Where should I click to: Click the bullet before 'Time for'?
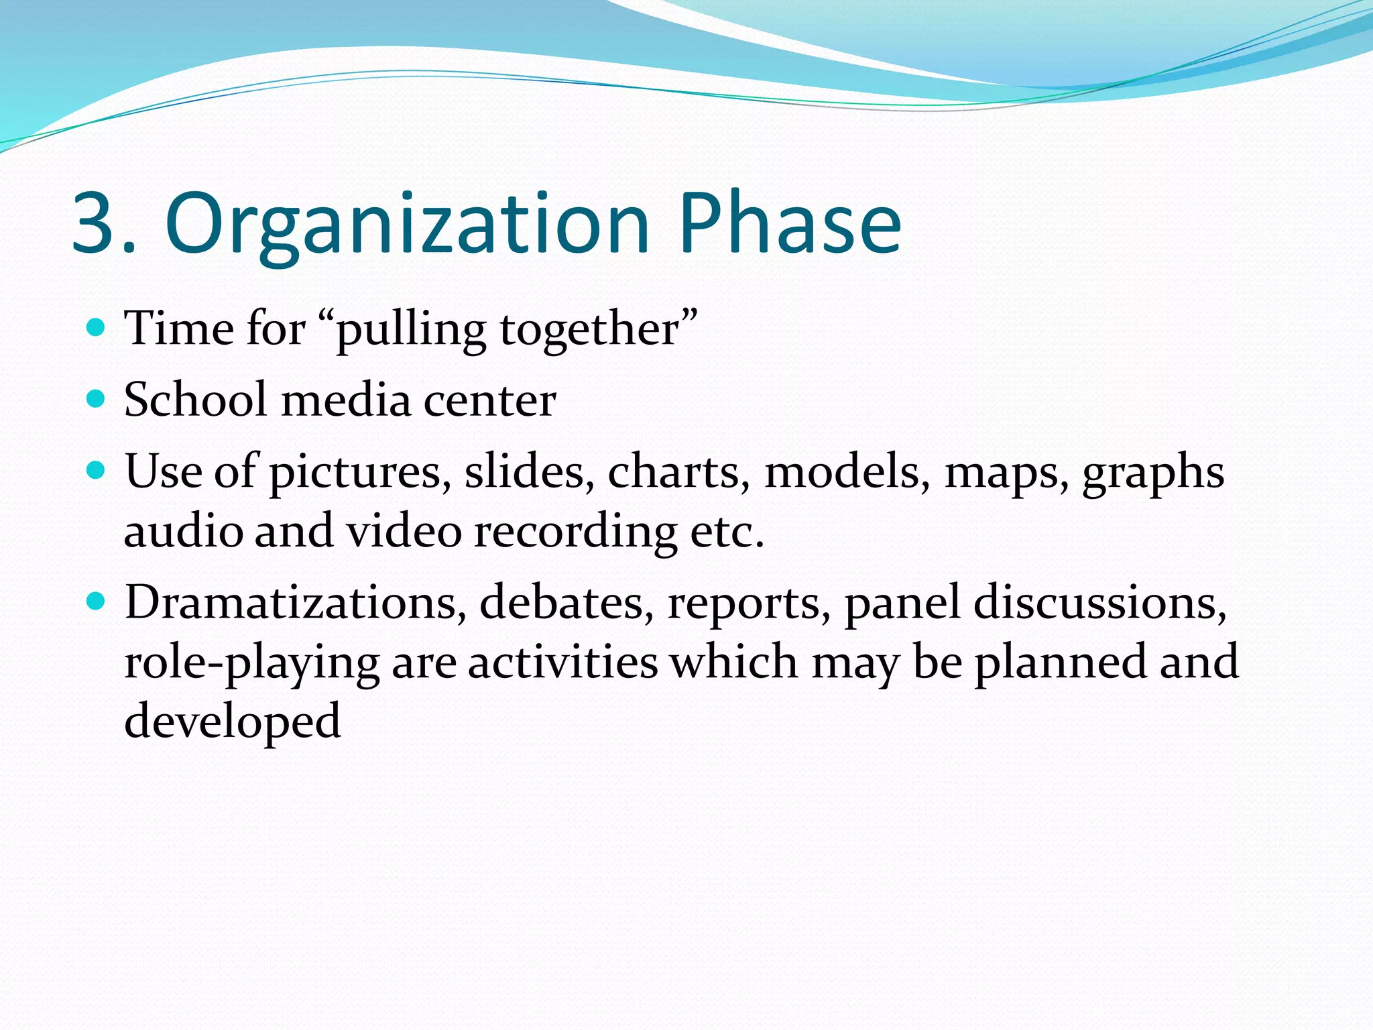(97, 327)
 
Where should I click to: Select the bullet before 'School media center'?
(97, 399)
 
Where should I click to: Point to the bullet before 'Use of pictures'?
(97, 470)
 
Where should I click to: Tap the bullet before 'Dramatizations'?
(97, 601)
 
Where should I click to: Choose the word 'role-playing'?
(252, 663)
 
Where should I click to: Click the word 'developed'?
(232, 722)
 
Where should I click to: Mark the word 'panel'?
(902, 602)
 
